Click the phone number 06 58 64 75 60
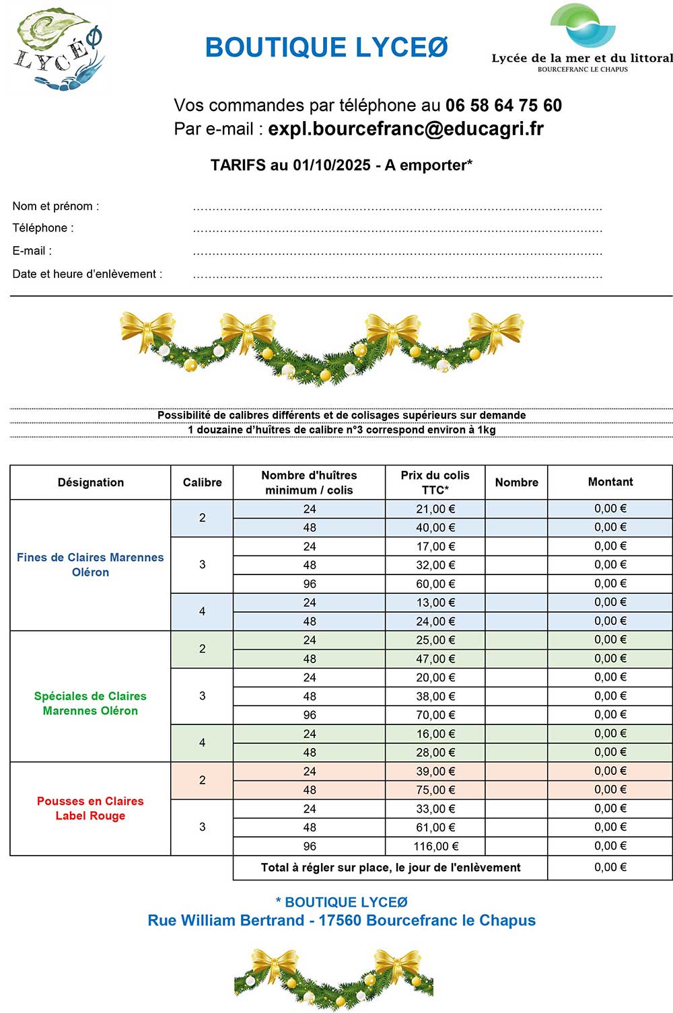tap(503, 106)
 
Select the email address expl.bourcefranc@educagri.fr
tap(406, 129)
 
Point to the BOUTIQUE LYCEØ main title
tap(326, 48)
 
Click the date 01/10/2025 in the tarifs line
tap(331, 165)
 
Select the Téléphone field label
tap(43, 228)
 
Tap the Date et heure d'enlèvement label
tap(87, 274)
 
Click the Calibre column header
tap(202, 482)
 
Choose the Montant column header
tap(610, 482)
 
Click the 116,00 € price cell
tap(435, 846)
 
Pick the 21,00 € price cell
tap(435, 509)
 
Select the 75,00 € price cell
tap(435, 790)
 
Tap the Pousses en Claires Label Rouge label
tap(90, 809)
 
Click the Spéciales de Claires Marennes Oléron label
tap(90, 704)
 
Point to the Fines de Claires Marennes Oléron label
tap(90, 565)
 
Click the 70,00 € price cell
tap(435, 715)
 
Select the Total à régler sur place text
tap(390, 868)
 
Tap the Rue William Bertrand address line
tap(342, 921)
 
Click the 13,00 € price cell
tap(435, 603)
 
